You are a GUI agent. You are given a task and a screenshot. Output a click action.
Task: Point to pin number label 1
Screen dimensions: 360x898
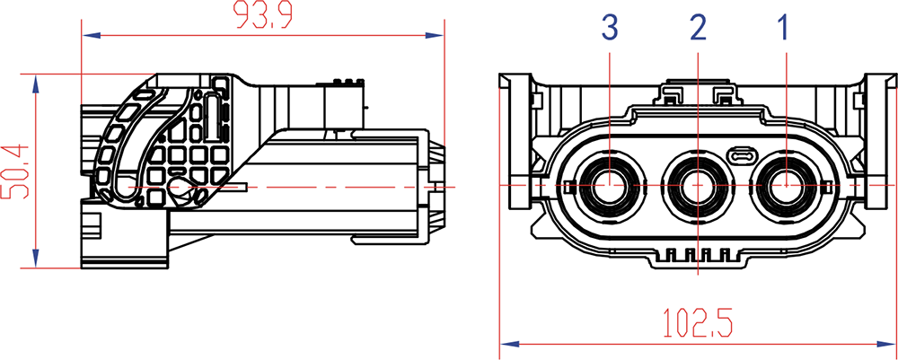click(x=783, y=28)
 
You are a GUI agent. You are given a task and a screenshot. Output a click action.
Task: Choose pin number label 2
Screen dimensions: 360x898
click(x=698, y=28)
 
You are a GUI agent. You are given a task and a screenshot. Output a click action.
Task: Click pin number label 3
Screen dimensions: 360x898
click(x=610, y=28)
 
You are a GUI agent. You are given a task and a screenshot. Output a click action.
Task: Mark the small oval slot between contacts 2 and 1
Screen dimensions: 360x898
click(x=742, y=155)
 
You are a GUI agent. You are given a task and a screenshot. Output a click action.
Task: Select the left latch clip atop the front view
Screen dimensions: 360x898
click(x=672, y=92)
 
